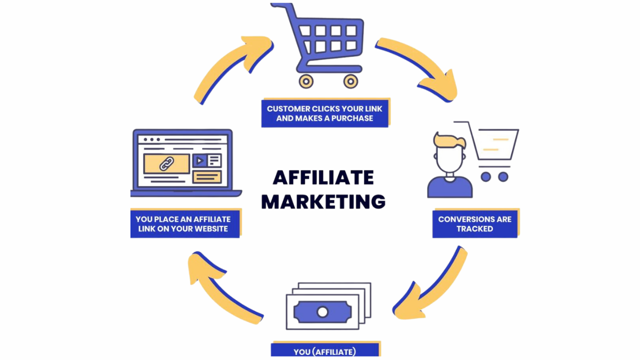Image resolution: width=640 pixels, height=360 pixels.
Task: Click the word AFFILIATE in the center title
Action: [323, 177]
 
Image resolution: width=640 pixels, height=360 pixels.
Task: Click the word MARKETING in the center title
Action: [323, 201]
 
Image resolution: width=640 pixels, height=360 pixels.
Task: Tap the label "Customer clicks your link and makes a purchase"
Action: [324, 113]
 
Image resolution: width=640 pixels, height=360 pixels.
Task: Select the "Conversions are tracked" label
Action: [474, 224]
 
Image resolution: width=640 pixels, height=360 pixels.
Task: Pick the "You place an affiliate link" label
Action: [183, 224]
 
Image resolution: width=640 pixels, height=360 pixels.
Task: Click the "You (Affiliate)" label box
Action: [324, 351]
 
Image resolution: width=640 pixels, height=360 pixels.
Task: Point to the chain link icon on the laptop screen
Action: [166, 163]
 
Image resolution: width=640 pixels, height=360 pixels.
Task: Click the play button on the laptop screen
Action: [199, 160]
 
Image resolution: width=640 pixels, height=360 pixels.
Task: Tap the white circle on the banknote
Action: [322, 312]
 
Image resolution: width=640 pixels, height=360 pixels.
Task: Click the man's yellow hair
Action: [449, 140]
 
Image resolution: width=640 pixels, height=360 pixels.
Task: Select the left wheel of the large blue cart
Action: [305, 81]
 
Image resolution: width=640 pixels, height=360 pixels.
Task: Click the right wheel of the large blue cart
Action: [350, 81]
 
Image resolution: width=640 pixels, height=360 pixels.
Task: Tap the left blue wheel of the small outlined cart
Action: [485, 176]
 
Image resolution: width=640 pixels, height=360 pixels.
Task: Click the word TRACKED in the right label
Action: [474, 229]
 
